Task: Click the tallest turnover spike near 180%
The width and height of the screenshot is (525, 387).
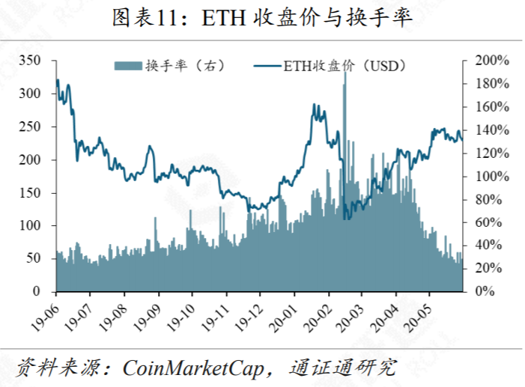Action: pyautogui.click(x=345, y=86)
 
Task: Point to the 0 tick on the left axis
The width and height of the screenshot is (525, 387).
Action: pyautogui.click(x=46, y=291)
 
